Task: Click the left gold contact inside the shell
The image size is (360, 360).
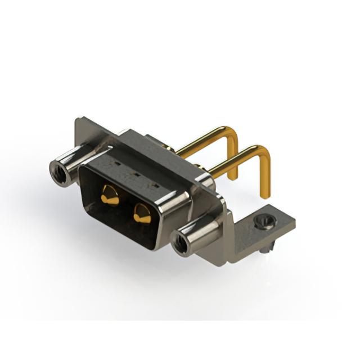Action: click(x=110, y=196)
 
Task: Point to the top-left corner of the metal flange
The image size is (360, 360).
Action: click(x=78, y=119)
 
